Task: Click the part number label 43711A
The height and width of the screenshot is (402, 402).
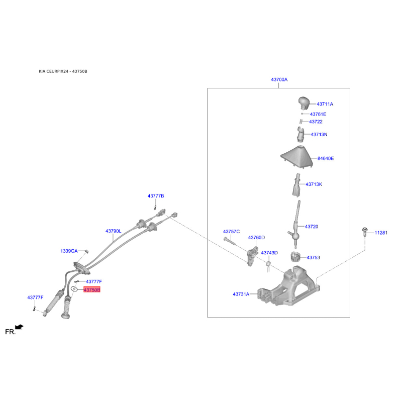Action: (325, 104)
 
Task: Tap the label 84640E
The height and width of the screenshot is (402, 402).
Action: (325, 158)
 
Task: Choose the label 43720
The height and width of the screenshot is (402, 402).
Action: (311, 227)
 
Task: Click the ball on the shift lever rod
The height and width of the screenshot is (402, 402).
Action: (296, 236)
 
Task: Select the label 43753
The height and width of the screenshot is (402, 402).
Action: (313, 257)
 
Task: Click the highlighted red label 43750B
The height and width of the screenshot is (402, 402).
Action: (92, 290)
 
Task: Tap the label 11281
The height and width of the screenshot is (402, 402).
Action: (380, 233)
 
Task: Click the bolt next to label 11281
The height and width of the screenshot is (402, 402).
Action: (363, 232)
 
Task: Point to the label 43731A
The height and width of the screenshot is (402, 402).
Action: (241, 294)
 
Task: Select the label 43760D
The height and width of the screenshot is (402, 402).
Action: (256, 237)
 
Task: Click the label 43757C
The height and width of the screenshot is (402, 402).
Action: (231, 232)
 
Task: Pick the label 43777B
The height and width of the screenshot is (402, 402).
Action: (156, 195)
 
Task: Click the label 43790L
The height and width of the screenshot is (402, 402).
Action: (113, 231)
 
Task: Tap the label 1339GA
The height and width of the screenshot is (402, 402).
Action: (69, 251)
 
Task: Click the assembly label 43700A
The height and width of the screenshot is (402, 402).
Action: (279, 80)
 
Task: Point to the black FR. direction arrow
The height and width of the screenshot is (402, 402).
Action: (19, 327)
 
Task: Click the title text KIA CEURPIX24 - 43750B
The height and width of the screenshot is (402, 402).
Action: (63, 71)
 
